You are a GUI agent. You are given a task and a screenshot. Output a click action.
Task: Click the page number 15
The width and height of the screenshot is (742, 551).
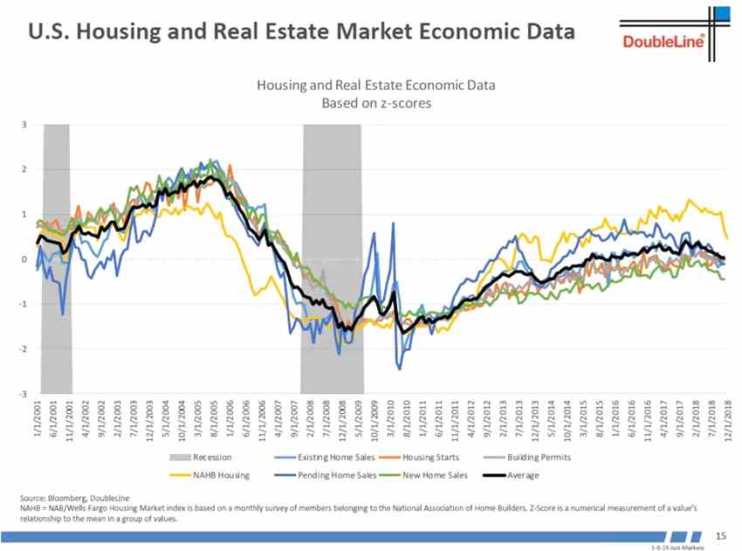click(x=721, y=534)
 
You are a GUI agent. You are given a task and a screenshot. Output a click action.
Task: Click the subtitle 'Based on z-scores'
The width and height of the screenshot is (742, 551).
click(x=375, y=102)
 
